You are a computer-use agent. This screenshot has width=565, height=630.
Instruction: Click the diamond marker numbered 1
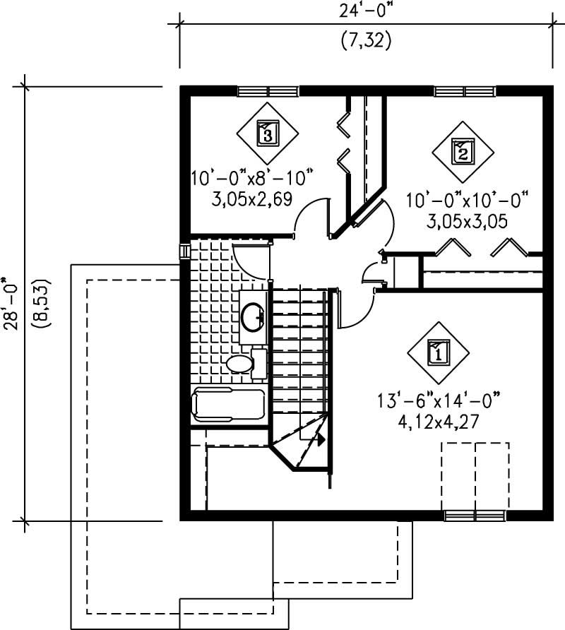click(x=437, y=351)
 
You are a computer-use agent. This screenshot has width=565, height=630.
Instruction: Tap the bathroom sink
click(x=252, y=318)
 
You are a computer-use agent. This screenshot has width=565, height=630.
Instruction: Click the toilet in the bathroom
click(x=240, y=364)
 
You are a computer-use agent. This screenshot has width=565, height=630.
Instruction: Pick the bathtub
click(x=228, y=405)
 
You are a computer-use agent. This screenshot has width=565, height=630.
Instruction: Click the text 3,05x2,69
click(x=251, y=198)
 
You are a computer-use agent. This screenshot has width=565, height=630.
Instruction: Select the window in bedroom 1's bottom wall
click(x=475, y=516)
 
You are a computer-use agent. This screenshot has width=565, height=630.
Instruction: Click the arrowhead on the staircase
click(x=320, y=439)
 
